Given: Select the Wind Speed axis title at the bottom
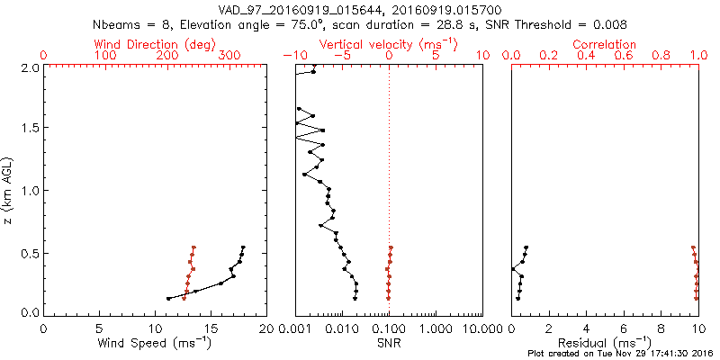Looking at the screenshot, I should (155, 343).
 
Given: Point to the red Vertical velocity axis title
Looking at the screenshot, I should (389, 44).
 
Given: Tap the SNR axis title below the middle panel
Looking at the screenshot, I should (389, 343).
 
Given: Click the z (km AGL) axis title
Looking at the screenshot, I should (9, 190).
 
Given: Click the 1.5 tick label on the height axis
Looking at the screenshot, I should (31, 129).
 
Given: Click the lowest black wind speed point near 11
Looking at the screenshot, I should (168, 299).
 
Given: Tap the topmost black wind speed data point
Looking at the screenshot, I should (243, 247).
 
